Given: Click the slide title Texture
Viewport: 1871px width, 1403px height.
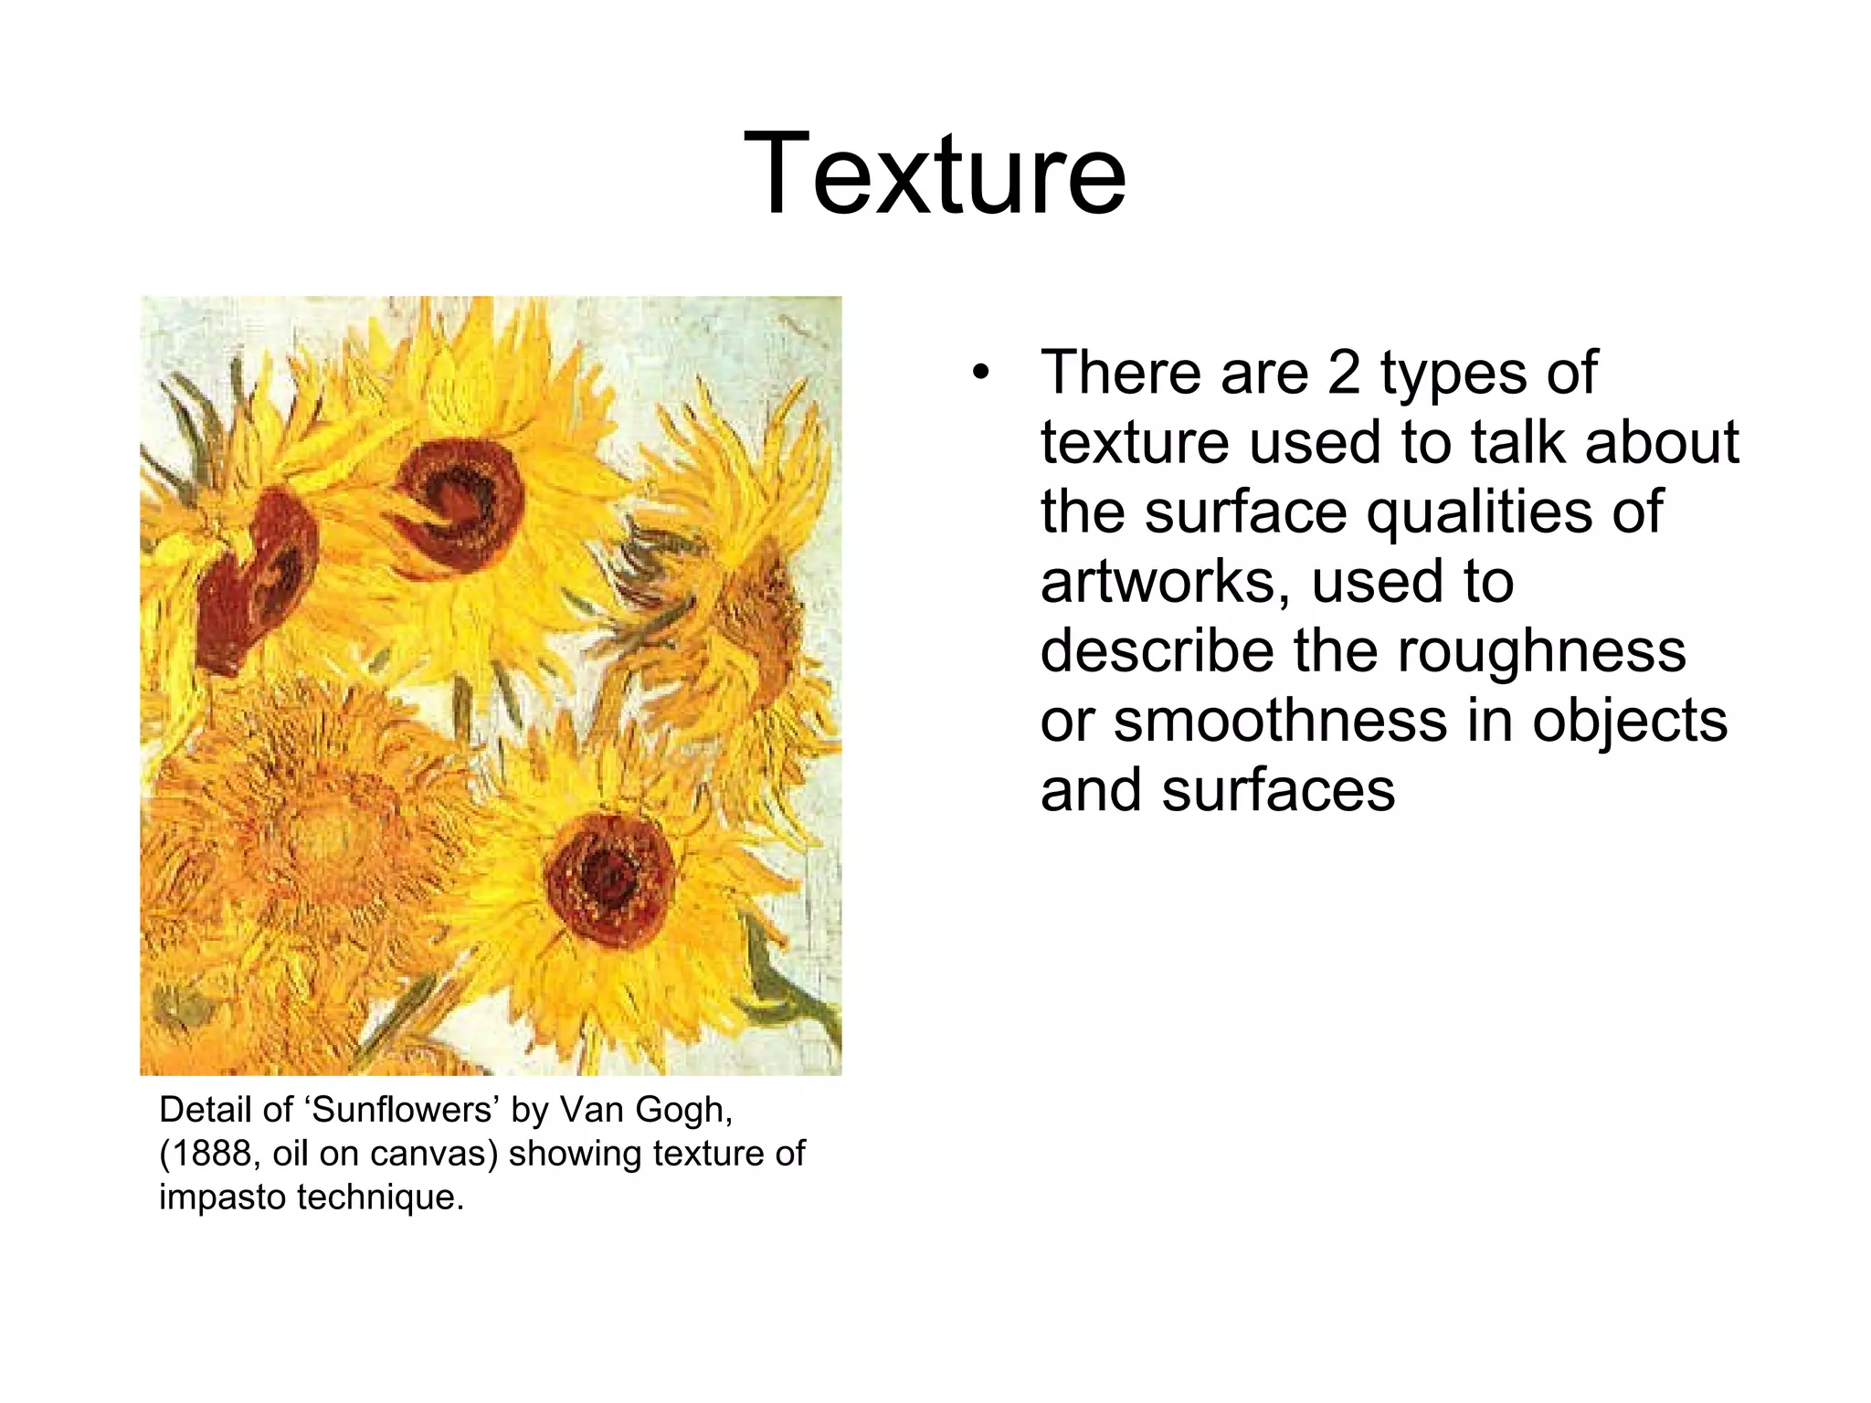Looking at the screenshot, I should pos(935,174).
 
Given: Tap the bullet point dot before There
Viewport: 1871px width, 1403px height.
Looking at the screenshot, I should pos(981,374).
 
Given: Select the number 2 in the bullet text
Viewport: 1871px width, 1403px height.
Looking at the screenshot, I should pos(1344,373).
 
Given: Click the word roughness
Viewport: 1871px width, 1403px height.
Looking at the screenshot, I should pos(1541,651).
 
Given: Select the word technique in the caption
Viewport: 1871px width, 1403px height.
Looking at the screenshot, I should pos(381,1197).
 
